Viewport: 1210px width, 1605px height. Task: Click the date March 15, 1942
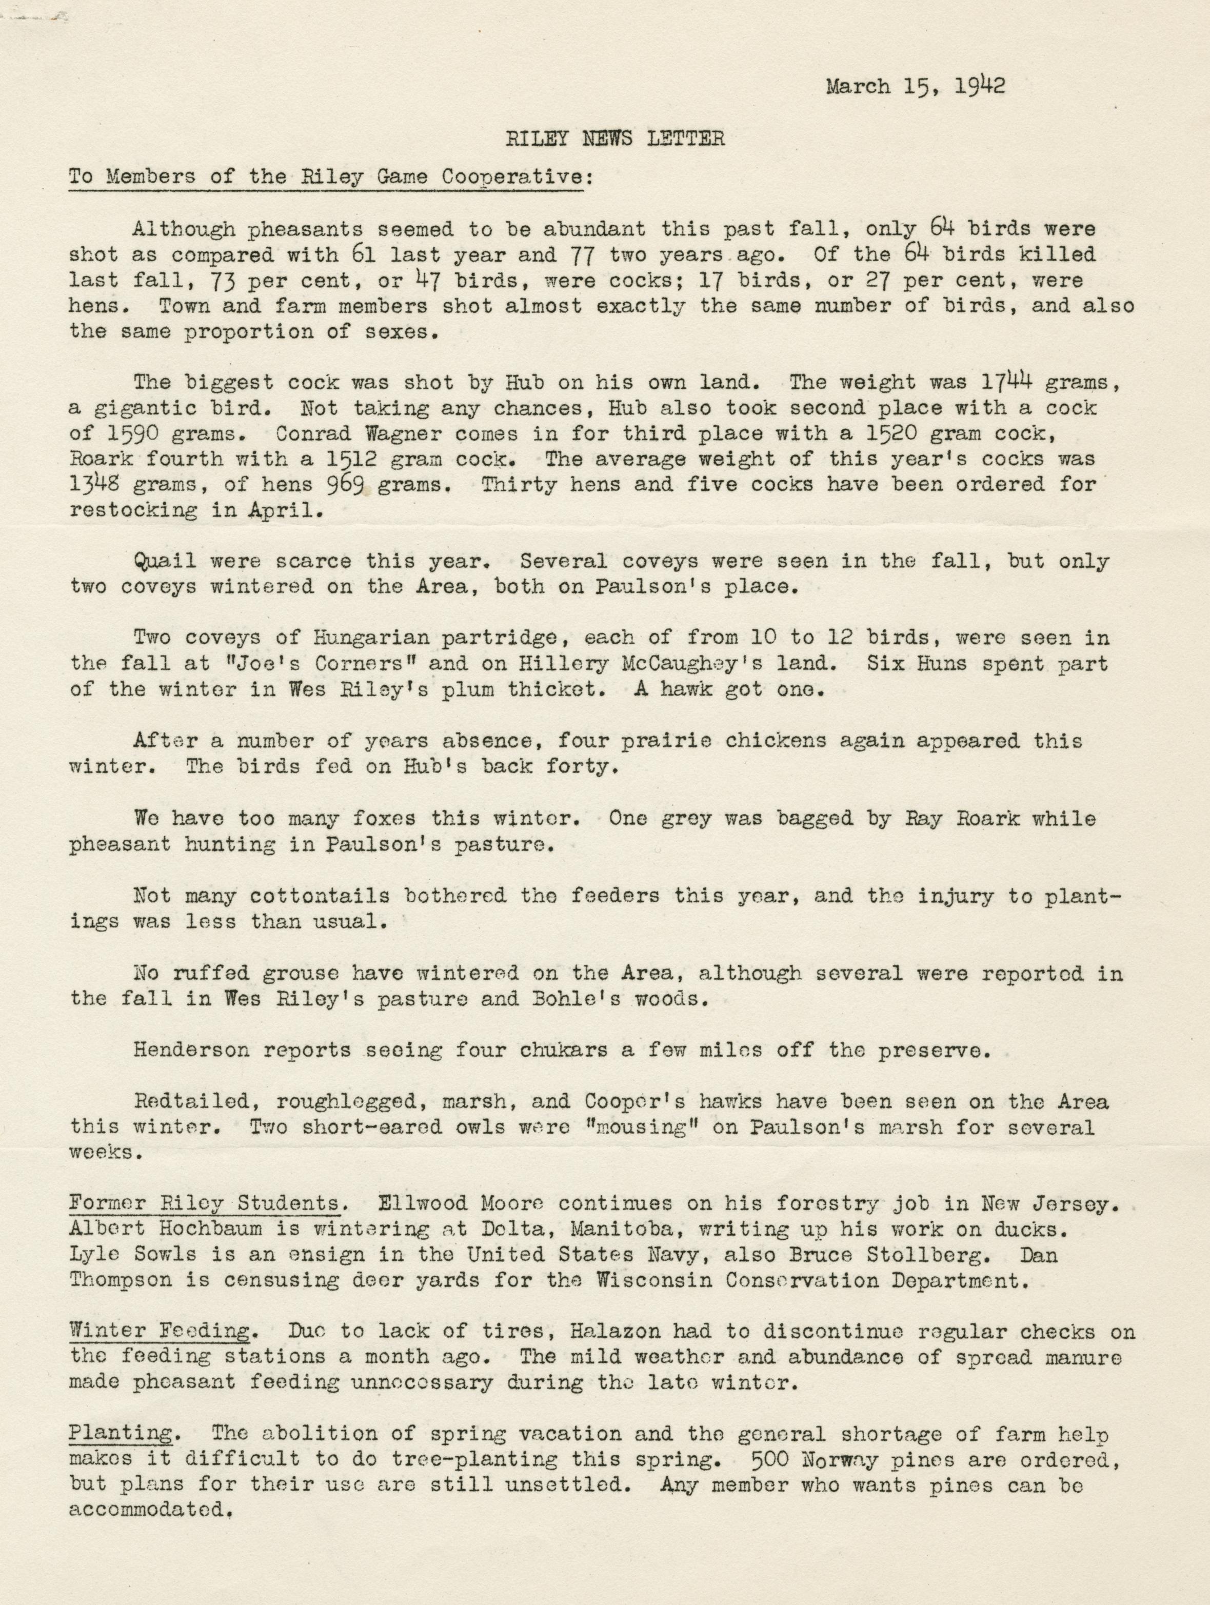(916, 87)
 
